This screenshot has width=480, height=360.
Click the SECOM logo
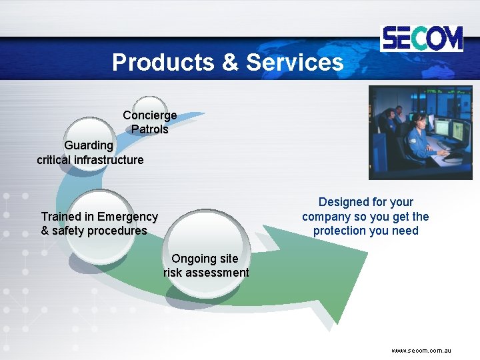pos(421,38)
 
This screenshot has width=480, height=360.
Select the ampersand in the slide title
pos(229,62)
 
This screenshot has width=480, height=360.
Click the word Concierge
pos(150,115)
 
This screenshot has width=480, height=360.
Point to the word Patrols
pos(150,129)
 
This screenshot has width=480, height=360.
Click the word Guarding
pos(89,145)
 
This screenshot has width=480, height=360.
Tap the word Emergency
pos(127,217)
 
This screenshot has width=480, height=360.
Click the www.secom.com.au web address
pos(421,350)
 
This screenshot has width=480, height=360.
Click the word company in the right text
pos(327,217)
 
